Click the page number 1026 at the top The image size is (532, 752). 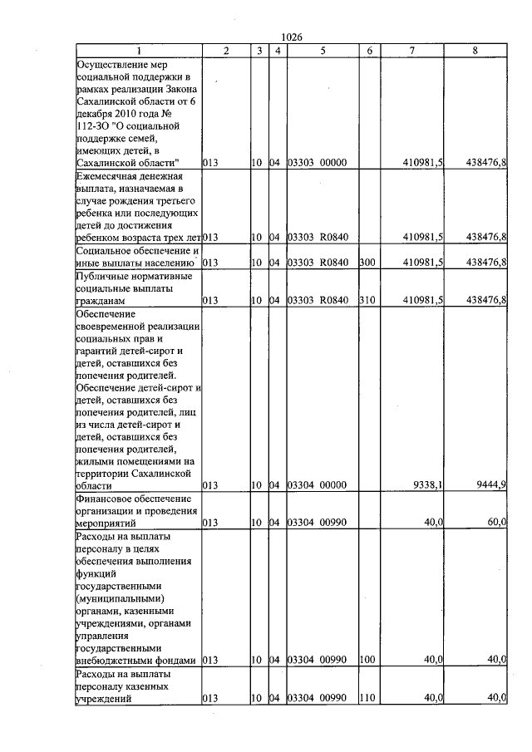coord(292,37)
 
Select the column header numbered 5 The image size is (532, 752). coord(322,52)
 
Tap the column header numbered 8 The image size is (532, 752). coord(475,52)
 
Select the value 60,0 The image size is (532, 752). coord(497,524)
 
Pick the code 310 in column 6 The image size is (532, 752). coord(367,300)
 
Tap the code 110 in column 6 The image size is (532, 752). coord(367,699)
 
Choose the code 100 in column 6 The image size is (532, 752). coord(367,660)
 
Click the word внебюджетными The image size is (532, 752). coord(111,660)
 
